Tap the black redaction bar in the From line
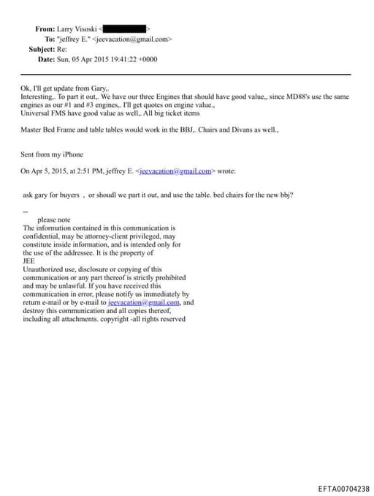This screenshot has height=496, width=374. (129, 29)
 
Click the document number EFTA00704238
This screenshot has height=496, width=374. (343, 488)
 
